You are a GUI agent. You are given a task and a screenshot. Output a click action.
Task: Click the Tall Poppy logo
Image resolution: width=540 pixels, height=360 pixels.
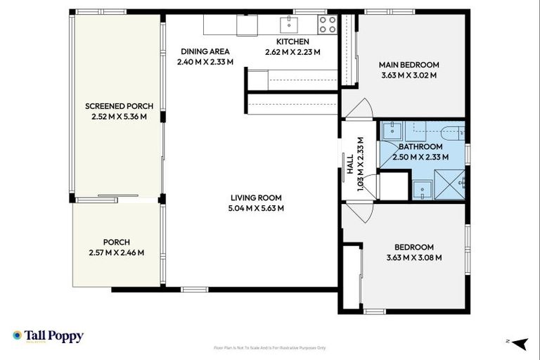coord(48,336)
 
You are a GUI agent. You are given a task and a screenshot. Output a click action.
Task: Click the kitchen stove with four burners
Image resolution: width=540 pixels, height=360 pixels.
coord(328,25)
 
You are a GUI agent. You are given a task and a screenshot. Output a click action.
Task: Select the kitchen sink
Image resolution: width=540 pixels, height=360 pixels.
coord(290,25)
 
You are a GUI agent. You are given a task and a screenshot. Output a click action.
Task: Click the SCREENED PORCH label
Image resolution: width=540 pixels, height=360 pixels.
coord(119,106)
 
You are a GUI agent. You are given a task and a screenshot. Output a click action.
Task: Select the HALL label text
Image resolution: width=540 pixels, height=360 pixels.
coord(350,164)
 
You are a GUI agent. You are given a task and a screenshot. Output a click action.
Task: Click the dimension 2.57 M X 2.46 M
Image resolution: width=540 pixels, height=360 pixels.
coord(117,253)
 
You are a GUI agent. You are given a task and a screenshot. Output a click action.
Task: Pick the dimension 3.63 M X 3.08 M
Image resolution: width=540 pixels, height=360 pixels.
coord(413,258)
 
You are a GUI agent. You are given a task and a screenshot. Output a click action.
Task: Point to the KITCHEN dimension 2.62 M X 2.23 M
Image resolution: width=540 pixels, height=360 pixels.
coord(292,52)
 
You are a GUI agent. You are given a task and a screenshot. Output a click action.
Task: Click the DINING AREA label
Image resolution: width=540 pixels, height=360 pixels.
coord(205,51)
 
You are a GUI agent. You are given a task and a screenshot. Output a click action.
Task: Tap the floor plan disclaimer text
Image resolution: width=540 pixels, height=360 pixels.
coord(270,347)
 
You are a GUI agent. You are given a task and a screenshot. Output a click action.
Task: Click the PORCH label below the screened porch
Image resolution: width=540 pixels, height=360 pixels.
coord(117,243)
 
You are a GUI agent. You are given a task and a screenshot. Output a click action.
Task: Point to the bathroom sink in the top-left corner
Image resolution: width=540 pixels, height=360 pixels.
coord(391,131)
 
